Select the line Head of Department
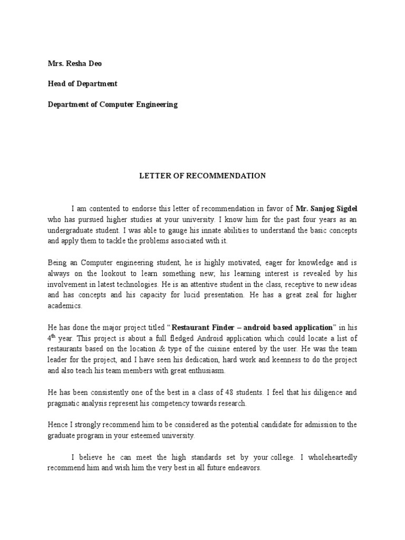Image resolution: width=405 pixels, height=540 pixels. tap(82, 84)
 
